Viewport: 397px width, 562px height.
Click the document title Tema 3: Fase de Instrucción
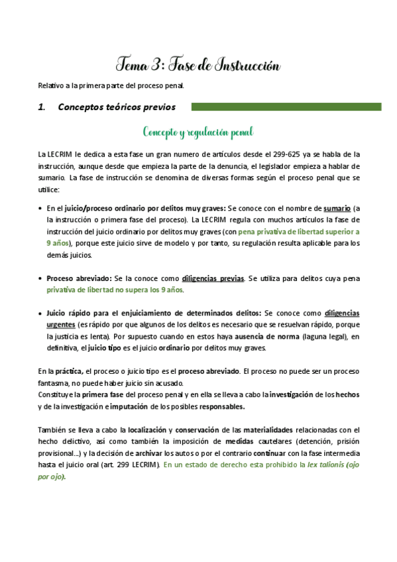[x=198, y=65]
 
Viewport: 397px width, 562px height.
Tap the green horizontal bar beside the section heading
[x=286, y=107]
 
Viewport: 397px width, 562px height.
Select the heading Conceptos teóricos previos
[x=116, y=107]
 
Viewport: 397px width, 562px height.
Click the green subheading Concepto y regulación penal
[x=198, y=132]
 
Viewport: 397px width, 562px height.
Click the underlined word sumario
[x=337, y=208]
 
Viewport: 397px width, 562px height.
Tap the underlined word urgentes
[x=60, y=325]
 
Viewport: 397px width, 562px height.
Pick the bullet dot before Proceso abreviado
[x=41, y=278]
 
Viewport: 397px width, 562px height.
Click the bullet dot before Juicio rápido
[x=41, y=313]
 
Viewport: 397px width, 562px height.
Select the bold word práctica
[x=70, y=371]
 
